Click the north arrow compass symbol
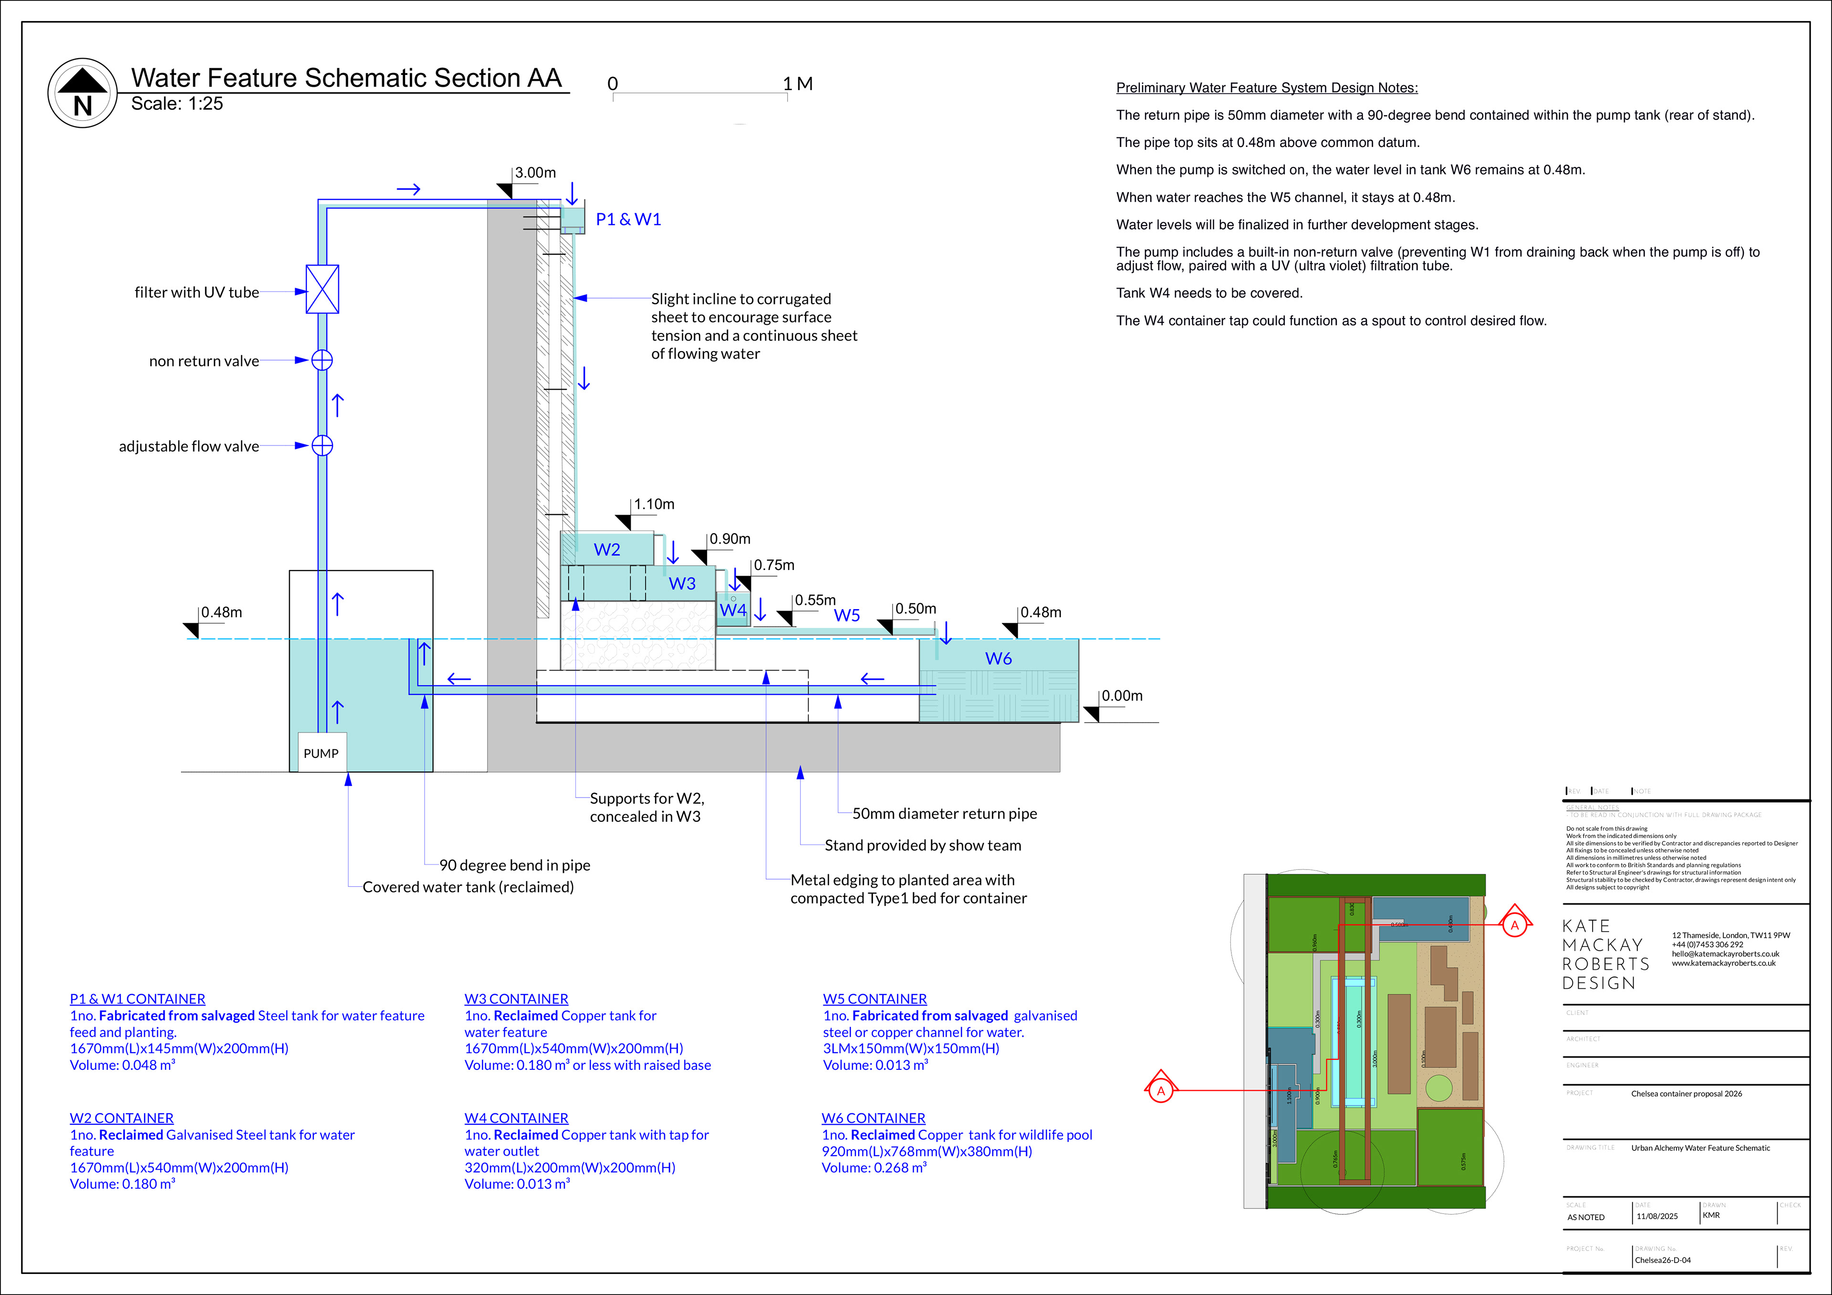pyautogui.click(x=83, y=93)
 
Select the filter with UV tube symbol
pyautogui.click(x=323, y=289)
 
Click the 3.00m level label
pyautogui.click(x=535, y=172)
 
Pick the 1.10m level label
pyautogui.click(x=654, y=504)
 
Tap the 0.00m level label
pyautogui.click(x=1122, y=696)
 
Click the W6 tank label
pyautogui.click(x=998, y=658)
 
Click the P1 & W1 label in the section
pyautogui.click(x=629, y=219)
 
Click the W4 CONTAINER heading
pyautogui.click(x=516, y=1118)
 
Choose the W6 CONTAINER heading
pyautogui.click(x=874, y=1118)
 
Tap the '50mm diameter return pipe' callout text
pyautogui.click(x=945, y=814)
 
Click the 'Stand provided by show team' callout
pyautogui.click(x=922, y=845)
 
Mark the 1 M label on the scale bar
pyautogui.click(x=798, y=84)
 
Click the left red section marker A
pyautogui.click(x=1161, y=1090)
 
